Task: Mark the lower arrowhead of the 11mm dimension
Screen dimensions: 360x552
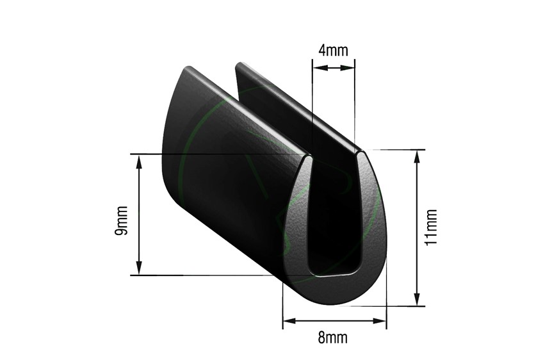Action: pyautogui.click(x=418, y=301)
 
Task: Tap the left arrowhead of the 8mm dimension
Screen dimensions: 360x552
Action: pyautogui.click(x=288, y=321)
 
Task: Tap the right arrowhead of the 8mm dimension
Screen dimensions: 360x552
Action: pyautogui.click(x=382, y=321)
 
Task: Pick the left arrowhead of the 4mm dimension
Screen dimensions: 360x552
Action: pyautogui.click(x=316, y=69)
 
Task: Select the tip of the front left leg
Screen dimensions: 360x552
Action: pyautogui.click(x=307, y=155)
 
